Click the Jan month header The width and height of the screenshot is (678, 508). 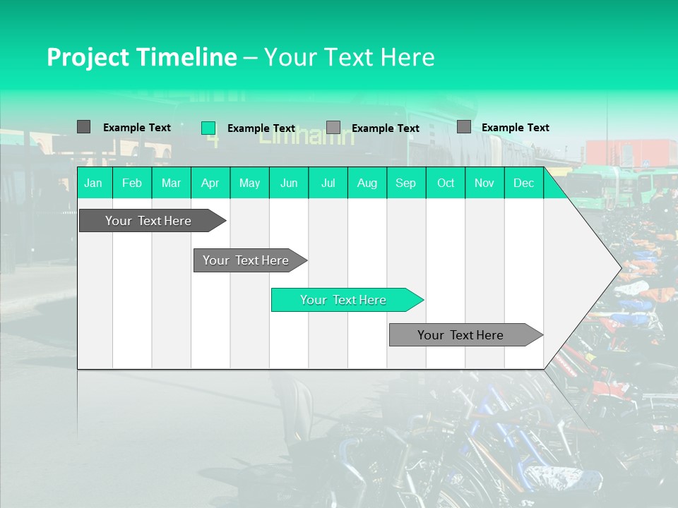(93, 183)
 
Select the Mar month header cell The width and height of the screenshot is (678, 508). (171, 183)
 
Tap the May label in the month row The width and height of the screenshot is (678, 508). (249, 183)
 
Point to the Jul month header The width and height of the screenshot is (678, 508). (328, 183)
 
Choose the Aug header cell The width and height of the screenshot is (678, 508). (367, 183)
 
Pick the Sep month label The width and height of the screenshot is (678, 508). (405, 183)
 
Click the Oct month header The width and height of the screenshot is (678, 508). (446, 183)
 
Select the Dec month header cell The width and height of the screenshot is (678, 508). (523, 183)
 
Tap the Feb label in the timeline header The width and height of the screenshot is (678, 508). (132, 183)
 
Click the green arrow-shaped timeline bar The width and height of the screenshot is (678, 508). (344, 300)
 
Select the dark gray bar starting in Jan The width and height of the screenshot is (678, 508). (149, 221)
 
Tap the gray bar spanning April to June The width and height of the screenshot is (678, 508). (246, 260)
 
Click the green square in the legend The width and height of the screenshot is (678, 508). (208, 128)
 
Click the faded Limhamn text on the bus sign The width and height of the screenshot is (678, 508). (307, 136)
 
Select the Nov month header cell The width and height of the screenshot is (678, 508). (484, 183)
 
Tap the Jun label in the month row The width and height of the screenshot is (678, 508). (289, 183)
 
